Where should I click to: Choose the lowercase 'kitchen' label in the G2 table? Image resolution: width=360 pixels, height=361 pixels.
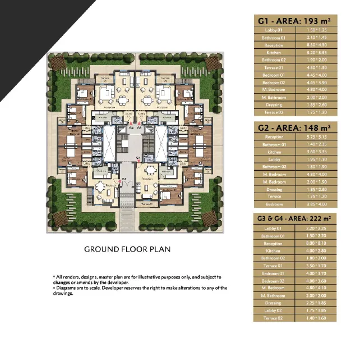click(273, 152)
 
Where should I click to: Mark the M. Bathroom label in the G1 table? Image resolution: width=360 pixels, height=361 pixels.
click(273, 97)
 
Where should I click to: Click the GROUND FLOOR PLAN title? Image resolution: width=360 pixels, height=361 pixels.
click(127, 249)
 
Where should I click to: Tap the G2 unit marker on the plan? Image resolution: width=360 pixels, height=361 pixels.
click(124, 179)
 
